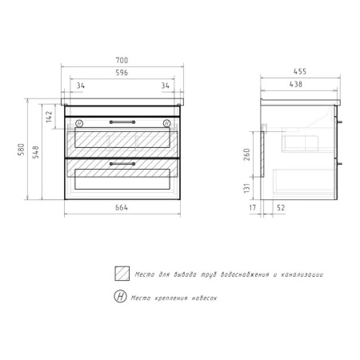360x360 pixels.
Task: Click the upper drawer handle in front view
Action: pos(122,122)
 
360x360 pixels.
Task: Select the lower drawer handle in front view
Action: pos(122,163)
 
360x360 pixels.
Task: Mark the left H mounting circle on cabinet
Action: pos(78,122)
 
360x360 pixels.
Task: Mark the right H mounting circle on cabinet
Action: pos(166,122)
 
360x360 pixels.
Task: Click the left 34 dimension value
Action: pos(81,86)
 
